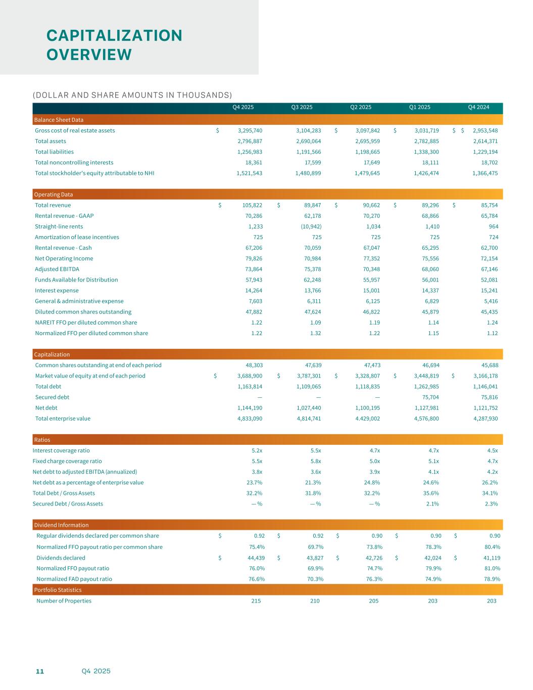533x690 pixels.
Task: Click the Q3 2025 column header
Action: point(302,107)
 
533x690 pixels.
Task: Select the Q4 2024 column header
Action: point(478,107)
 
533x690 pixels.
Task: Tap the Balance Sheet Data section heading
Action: point(59,120)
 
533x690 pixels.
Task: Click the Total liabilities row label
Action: point(54,152)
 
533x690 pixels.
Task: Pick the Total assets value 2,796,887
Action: point(250,141)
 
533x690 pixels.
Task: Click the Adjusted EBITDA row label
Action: point(57,269)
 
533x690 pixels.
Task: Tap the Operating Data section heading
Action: point(53,195)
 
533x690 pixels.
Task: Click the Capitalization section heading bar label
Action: point(52,354)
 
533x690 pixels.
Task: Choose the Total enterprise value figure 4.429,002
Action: point(367,419)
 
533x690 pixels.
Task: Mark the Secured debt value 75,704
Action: point(426,397)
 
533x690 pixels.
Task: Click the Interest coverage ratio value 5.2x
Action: point(257,450)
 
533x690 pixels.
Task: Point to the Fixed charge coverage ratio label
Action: point(67,461)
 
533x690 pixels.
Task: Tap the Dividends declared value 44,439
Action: point(253,558)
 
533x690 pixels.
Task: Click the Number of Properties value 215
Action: point(256,601)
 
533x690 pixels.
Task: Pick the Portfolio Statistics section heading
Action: point(58,590)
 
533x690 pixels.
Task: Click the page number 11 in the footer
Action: point(40,671)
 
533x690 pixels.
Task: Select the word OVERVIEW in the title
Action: point(89,55)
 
